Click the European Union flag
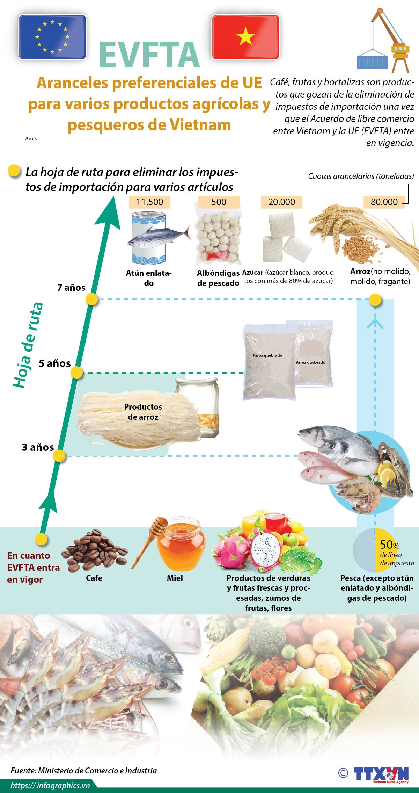[x=52, y=37]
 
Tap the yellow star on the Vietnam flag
[x=245, y=36]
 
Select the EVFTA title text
[x=149, y=55]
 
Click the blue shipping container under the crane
[x=372, y=60]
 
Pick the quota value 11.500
[x=149, y=202]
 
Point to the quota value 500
[x=219, y=202]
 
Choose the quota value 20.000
[x=281, y=202]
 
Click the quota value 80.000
[x=384, y=202]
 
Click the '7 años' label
[x=71, y=288]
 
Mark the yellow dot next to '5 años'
[x=77, y=373]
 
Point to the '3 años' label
[x=38, y=447]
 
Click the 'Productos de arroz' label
[x=143, y=412]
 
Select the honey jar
[x=180, y=545]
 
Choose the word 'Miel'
[x=175, y=578]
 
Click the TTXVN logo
[x=381, y=774]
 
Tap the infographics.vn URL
[x=50, y=785]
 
